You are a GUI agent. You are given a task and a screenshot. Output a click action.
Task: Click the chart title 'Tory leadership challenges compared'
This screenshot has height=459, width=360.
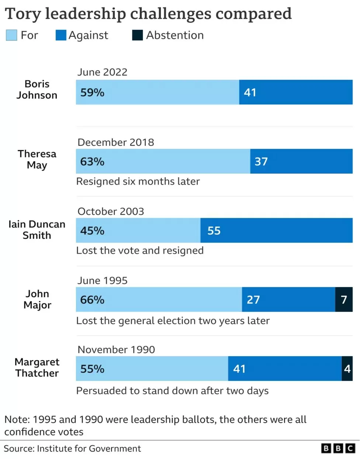tap(148, 14)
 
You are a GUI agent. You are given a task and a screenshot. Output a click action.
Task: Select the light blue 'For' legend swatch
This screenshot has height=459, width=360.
tap(11, 35)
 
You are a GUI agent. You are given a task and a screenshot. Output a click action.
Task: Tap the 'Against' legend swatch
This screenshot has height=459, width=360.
tap(61, 35)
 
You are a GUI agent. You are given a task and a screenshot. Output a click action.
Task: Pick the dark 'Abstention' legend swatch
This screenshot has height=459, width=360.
tap(137, 35)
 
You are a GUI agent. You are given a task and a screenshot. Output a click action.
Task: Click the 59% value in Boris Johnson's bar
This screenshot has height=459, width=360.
tap(92, 92)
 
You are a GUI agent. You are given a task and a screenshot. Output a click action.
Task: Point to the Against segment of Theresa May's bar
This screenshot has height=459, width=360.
tap(301, 161)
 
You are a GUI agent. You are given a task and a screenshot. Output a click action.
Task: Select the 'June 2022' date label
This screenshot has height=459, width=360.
tap(103, 72)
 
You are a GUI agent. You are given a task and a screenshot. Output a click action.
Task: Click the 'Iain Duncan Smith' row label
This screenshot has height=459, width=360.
tap(37, 230)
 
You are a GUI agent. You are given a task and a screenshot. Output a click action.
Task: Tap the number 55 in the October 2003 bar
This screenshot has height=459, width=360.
tap(214, 230)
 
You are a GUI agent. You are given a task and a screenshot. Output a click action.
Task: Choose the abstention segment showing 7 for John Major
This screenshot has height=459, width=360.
tap(344, 299)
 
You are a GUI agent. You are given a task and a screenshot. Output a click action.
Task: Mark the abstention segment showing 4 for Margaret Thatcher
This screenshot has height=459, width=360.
tap(347, 369)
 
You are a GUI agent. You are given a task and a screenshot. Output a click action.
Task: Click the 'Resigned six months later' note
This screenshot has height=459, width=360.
tap(138, 181)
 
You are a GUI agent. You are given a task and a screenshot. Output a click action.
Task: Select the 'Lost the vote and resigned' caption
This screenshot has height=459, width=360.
tap(140, 251)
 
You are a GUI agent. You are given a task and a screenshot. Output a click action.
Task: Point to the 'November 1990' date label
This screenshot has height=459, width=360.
tap(116, 350)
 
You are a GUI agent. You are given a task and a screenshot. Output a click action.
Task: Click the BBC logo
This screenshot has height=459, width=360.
tap(338, 448)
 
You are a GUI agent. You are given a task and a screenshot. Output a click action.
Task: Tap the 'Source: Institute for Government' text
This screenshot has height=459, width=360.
tap(72, 448)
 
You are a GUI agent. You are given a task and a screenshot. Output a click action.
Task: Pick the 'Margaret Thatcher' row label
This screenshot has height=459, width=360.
tap(37, 368)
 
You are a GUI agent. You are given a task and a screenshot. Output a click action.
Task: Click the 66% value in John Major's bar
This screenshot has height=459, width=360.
tap(92, 299)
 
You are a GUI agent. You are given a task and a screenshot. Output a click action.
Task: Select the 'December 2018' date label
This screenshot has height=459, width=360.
tap(116, 142)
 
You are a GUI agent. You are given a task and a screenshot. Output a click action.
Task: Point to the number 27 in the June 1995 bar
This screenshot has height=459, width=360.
tap(253, 300)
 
